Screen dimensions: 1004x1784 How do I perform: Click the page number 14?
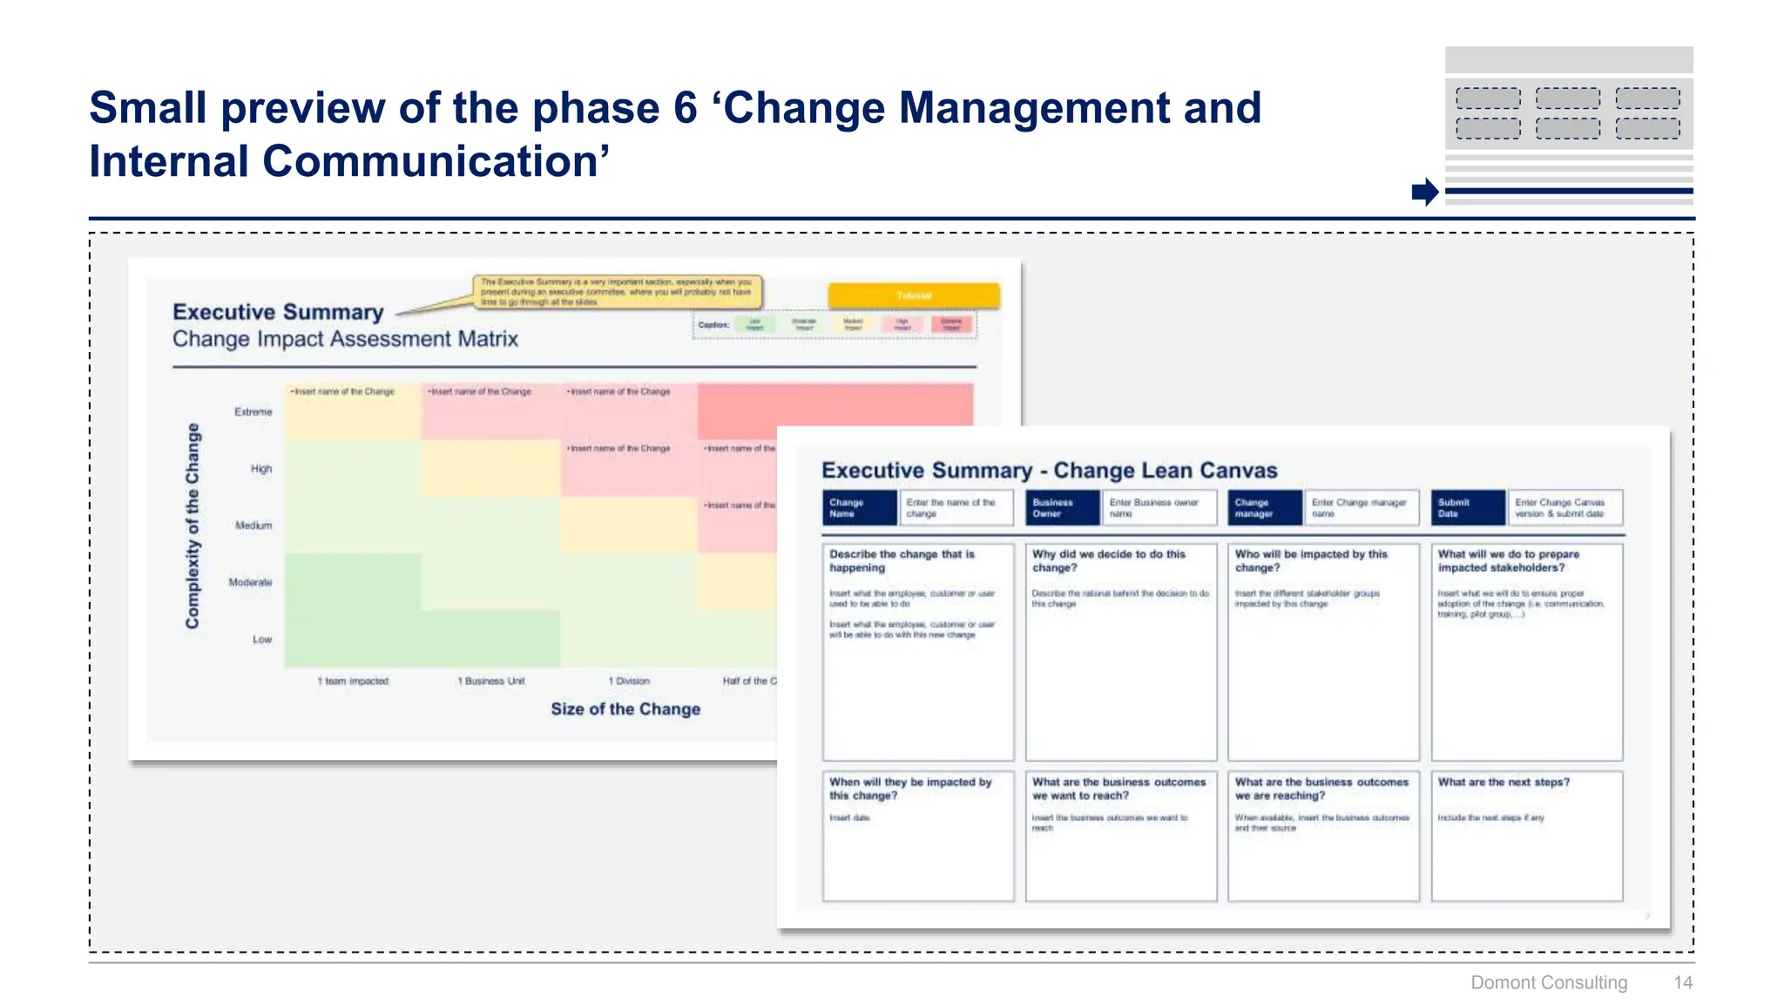pyautogui.click(x=1682, y=982)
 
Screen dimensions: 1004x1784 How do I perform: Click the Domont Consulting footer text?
pyautogui.click(x=1548, y=982)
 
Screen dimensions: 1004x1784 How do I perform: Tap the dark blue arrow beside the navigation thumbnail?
pyautogui.click(x=1425, y=191)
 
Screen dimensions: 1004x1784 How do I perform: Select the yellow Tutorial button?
pyautogui.click(x=913, y=295)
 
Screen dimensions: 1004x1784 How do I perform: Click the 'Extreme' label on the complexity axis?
pyautogui.click(x=253, y=411)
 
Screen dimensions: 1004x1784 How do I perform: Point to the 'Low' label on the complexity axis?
pyautogui.click(x=262, y=639)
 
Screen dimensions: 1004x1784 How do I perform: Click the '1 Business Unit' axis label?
pyautogui.click(x=491, y=681)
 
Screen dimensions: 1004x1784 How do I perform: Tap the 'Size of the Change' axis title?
pyautogui.click(x=625, y=709)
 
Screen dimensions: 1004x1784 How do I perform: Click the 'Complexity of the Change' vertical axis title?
pyautogui.click(x=193, y=526)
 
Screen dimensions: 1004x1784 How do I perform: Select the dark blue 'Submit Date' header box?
pyautogui.click(x=1468, y=507)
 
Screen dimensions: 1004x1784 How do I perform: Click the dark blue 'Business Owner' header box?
pyautogui.click(x=1062, y=507)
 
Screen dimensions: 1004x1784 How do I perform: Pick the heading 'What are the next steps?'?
pyautogui.click(x=1503, y=782)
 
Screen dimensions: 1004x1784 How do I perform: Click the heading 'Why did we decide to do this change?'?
pyautogui.click(x=1108, y=560)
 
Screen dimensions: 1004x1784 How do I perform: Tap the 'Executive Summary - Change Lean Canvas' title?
pyautogui.click(x=1049, y=471)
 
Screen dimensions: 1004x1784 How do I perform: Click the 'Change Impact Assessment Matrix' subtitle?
pyautogui.click(x=345, y=339)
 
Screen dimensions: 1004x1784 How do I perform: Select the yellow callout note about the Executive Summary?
pyautogui.click(x=617, y=292)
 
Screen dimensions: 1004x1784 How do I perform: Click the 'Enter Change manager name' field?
pyautogui.click(x=1360, y=507)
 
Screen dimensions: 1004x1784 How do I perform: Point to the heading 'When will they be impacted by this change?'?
pyautogui.click(x=909, y=789)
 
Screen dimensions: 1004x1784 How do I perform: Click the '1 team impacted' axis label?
pyautogui.click(x=353, y=681)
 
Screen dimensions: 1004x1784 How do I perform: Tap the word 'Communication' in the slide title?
pyautogui.click(x=429, y=161)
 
